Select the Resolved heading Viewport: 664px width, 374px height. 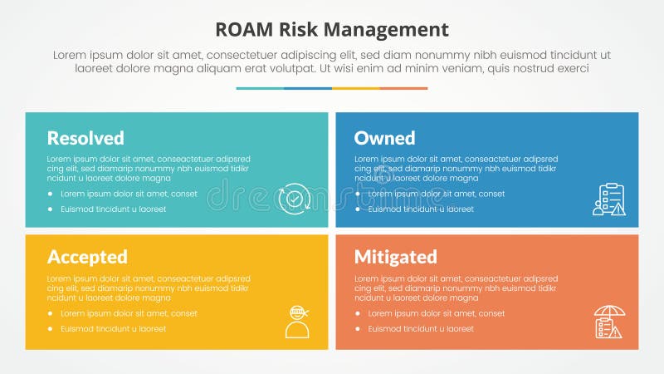point(85,138)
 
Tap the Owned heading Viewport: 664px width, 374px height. point(384,138)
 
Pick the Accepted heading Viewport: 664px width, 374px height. point(87,256)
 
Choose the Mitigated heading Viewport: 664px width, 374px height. point(395,256)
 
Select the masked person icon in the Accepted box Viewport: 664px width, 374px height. point(296,321)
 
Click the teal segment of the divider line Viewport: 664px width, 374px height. point(260,88)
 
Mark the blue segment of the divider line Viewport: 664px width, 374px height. point(308,88)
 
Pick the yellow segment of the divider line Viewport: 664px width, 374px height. point(356,88)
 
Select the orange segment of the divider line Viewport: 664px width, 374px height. point(404,88)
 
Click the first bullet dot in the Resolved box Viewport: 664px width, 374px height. point(51,194)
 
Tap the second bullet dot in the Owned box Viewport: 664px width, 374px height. point(358,209)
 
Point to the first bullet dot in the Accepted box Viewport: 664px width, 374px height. point(51,313)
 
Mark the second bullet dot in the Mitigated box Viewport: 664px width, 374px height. point(358,329)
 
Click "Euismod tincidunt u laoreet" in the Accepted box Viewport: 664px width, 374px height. point(113,329)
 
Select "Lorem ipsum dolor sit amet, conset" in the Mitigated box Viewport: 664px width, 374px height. point(436,313)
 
